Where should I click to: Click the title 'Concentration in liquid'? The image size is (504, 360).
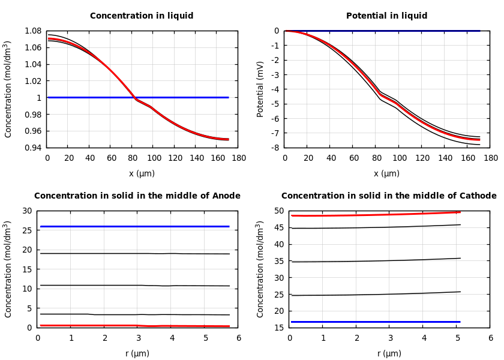142,16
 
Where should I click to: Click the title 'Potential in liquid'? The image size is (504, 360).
386,16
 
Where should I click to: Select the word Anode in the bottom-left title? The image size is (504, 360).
226,196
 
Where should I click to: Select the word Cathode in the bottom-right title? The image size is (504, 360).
479,196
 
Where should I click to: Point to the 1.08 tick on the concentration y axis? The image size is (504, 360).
34,31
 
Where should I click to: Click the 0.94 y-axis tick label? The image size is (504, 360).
34,148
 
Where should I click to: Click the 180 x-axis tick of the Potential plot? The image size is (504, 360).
490,158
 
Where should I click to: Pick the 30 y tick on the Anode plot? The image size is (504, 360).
26,211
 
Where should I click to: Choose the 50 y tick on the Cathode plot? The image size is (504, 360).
278,211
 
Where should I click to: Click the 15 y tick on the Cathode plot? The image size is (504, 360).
278,328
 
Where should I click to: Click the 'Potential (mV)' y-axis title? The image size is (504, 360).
260,89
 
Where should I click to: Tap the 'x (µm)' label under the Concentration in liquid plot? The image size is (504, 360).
142,174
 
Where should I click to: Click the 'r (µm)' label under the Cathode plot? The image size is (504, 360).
389,354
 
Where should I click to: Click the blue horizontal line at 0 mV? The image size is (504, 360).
384,31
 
